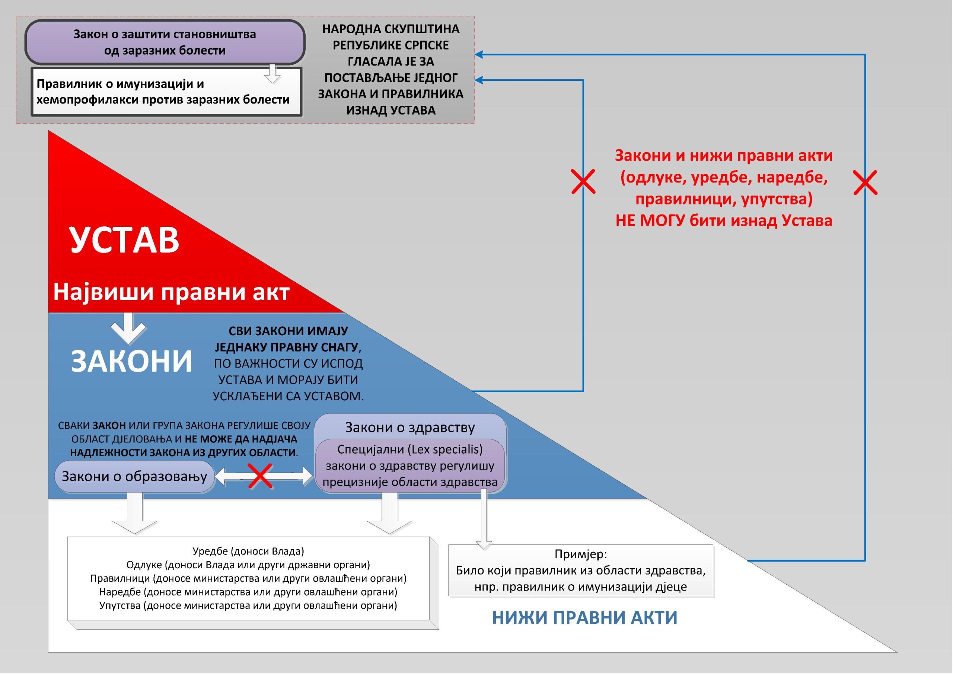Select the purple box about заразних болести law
[165, 42]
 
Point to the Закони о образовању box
[134, 476]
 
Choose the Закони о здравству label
[409, 427]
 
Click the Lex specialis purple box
[409, 465]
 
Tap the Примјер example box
[580, 570]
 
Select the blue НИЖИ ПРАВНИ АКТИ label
[584, 617]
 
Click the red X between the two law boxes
[260, 476]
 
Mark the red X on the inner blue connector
[583, 181]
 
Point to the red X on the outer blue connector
[865, 182]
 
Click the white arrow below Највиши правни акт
[128, 328]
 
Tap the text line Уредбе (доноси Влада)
[248, 551]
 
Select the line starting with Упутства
[248, 605]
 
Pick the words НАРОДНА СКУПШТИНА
[391, 29]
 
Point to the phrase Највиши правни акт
[171, 292]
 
